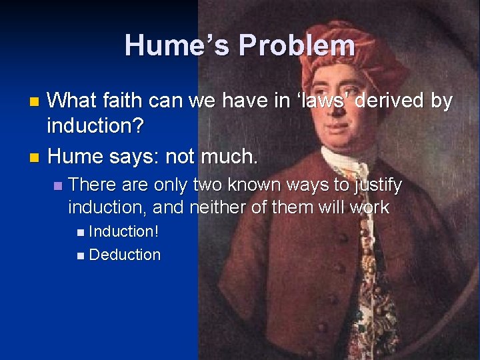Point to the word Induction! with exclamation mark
pyautogui.click(x=123, y=232)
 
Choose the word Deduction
pyautogui.click(x=125, y=255)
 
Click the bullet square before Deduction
pyautogui.click(x=81, y=255)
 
